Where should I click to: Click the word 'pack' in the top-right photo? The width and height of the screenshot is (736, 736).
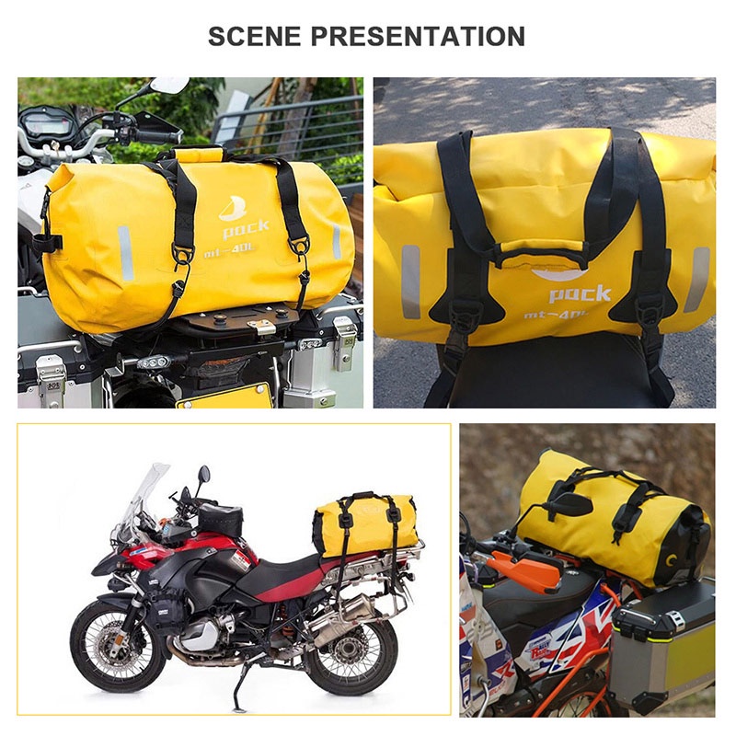[x=580, y=293]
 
